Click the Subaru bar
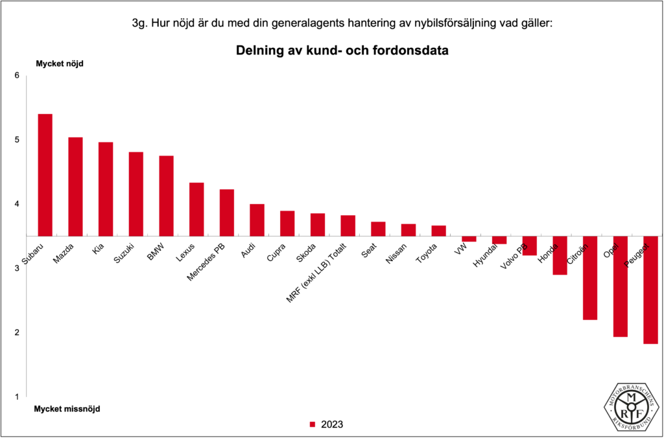(45, 175)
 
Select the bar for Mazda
(75, 187)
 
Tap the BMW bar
(166, 196)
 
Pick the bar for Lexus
(196, 209)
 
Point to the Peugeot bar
(650, 290)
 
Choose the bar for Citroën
(589, 278)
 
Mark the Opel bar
(620, 286)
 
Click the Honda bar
(560, 255)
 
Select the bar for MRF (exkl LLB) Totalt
(348, 225)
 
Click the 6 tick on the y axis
(18, 76)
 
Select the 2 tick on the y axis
(18, 332)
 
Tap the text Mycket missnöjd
(67, 409)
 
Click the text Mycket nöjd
(59, 63)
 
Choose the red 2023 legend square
(312, 425)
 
